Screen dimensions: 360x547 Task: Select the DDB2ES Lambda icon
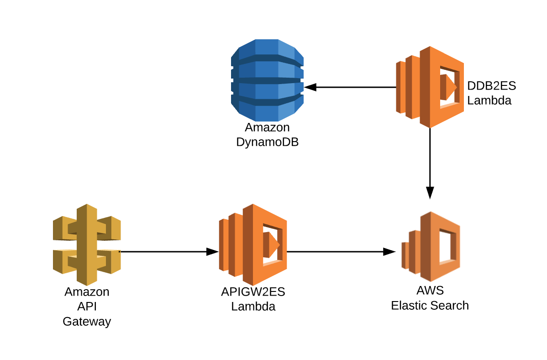point(429,87)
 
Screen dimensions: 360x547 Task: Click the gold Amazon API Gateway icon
point(87,244)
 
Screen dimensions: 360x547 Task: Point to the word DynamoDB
point(267,142)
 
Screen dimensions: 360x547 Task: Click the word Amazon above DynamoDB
point(267,127)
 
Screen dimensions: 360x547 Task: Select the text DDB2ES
point(491,86)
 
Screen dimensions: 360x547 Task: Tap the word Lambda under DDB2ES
point(489,101)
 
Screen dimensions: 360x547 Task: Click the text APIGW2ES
point(253,292)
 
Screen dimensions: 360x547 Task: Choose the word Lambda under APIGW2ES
point(253,307)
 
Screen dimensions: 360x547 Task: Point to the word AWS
point(430,291)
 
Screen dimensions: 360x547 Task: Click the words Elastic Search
point(430,305)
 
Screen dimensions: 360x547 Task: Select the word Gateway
point(87,322)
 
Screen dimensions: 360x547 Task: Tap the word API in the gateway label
point(87,307)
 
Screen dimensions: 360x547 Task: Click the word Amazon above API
point(87,292)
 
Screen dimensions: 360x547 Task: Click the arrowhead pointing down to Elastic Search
point(430,192)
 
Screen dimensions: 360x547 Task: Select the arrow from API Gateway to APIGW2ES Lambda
point(164,251)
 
